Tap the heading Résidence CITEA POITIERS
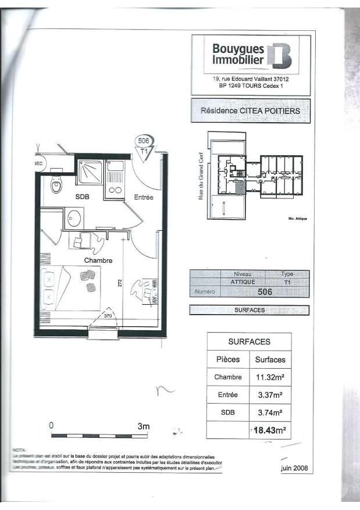pos(250,110)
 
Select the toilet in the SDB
pos(56,186)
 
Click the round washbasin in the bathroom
pos(74,218)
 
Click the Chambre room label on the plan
pos(98,261)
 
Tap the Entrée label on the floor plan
pos(144,198)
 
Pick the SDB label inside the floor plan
pos(83,197)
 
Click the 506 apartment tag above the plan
pos(144,140)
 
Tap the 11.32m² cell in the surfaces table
pos(270,377)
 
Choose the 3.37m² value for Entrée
pos(270,395)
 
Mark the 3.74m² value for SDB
pos(270,413)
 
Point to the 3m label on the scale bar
pos(143,426)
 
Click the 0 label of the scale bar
pos(51,426)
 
